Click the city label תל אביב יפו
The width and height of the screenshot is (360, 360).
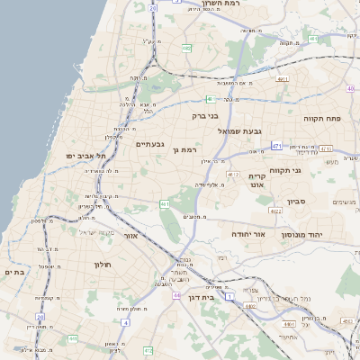click(85, 155)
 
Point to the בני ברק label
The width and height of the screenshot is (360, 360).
click(204, 115)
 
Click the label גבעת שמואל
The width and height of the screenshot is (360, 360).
click(239, 130)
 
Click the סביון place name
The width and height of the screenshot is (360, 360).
click(296, 202)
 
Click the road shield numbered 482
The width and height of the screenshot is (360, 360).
click(185, 49)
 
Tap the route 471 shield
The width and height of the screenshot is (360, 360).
click(277, 145)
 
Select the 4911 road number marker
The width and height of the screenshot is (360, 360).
click(283, 79)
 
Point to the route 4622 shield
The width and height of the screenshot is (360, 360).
click(274, 211)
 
